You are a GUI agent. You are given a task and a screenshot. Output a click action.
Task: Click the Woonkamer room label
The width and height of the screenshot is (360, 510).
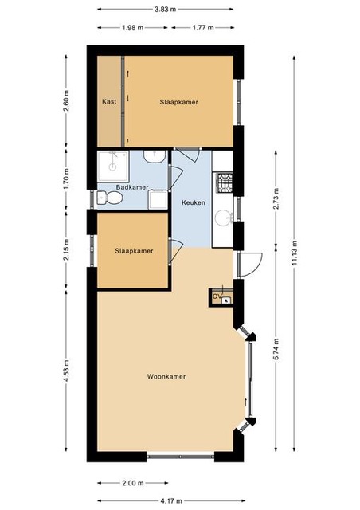[x=166, y=376]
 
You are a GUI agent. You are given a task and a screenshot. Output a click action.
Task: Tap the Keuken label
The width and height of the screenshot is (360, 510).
[x=194, y=202]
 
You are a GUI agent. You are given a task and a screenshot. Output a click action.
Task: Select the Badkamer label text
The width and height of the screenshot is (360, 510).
[x=132, y=187]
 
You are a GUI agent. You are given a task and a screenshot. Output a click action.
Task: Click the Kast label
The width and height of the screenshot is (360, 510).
[x=109, y=101]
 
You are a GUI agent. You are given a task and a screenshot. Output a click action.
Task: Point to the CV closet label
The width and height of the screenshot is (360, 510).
[x=217, y=296]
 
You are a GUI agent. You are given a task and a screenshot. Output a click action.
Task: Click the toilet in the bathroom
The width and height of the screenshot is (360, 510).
[x=110, y=198]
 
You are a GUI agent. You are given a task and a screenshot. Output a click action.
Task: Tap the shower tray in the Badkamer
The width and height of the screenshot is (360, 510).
[x=113, y=166]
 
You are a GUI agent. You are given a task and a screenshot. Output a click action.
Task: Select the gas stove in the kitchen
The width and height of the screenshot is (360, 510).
[x=225, y=182]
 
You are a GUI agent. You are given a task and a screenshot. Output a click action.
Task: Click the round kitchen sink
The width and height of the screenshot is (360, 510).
[x=223, y=216]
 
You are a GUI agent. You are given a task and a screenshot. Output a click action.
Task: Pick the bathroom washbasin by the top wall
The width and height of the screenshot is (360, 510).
[x=155, y=156]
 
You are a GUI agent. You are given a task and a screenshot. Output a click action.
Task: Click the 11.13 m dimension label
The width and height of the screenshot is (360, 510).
[x=295, y=253]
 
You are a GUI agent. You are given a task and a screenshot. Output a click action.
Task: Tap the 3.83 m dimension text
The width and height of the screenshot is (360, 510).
[x=165, y=9]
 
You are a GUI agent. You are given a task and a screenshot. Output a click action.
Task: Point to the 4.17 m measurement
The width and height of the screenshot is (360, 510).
[x=171, y=500]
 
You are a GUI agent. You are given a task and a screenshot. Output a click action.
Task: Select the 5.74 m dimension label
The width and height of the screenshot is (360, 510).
[x=276, y=349]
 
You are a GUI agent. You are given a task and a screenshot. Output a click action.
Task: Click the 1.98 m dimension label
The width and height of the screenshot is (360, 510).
[x=133, y=28]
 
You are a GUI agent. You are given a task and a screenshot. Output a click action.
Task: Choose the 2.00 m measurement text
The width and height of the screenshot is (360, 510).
[x=133, y=483]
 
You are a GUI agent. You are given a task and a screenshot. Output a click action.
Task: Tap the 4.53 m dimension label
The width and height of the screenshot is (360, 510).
[x=66, y=371]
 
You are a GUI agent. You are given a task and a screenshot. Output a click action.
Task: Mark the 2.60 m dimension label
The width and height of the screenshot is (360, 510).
[x=66, y=101]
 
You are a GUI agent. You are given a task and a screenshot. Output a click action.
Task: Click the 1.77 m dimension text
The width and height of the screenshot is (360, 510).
[x=203, y=28]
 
